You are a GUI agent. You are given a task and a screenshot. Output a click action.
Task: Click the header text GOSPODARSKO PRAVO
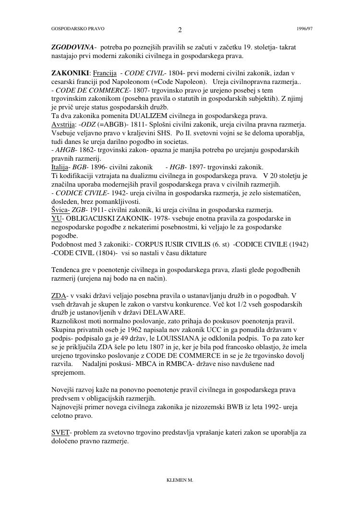(78, 29)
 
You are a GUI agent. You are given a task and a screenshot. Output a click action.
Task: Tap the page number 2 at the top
(180, 30)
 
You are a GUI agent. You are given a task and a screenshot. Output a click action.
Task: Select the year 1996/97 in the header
(305, 29)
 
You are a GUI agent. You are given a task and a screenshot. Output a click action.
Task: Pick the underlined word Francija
(105, 73)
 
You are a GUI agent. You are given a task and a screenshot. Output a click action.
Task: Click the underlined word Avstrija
(62, 124)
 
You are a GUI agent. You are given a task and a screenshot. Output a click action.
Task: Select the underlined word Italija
(60, 167)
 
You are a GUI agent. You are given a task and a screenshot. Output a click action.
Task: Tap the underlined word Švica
(60, 210)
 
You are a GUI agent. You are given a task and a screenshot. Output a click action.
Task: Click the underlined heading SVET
(60, 433)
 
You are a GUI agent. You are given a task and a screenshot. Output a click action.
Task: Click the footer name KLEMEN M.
(180, 480)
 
